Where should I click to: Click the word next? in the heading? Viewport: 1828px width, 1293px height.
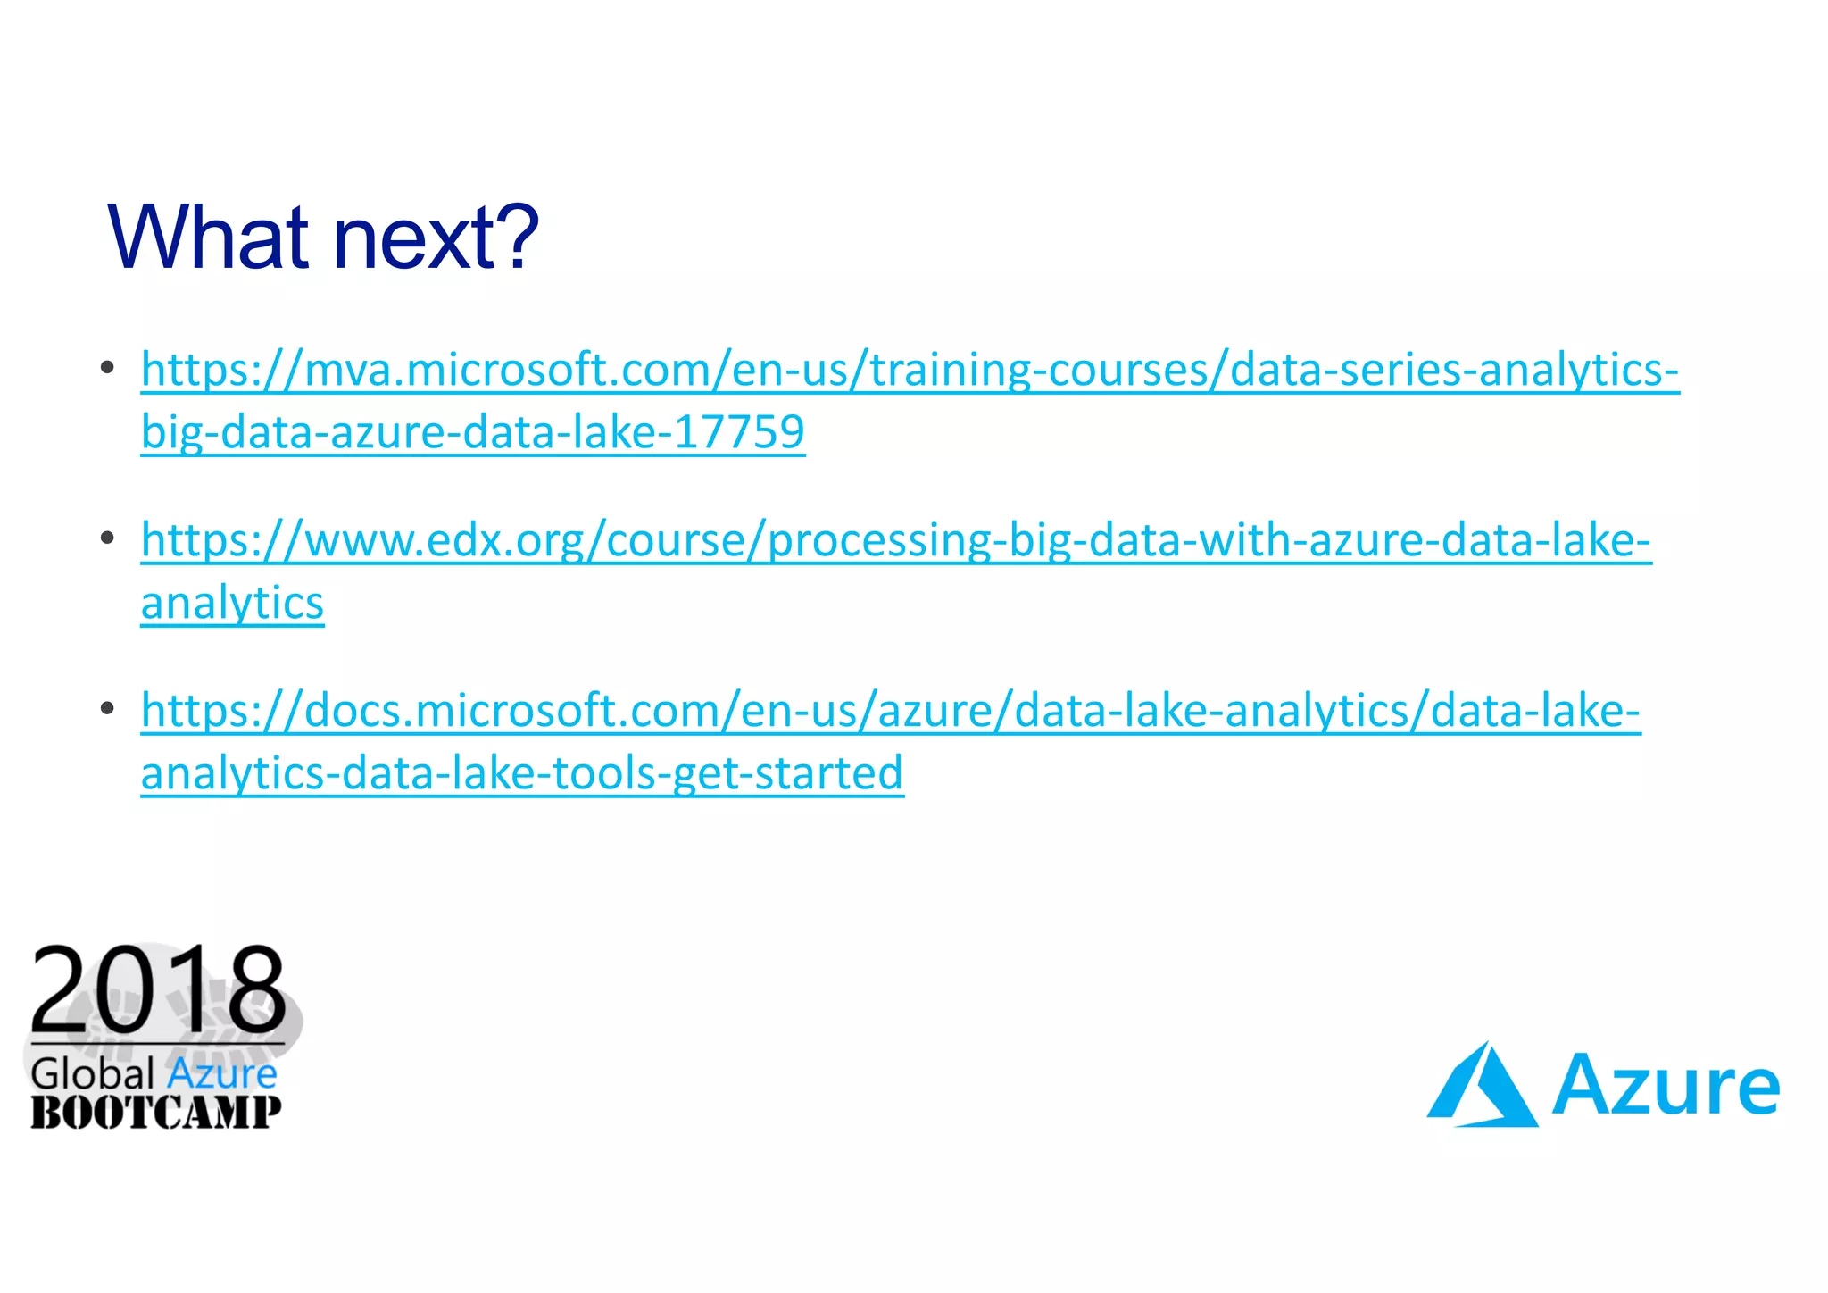click(x=436, y=238)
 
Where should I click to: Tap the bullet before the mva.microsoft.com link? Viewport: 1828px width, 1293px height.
click(x=107, y=367)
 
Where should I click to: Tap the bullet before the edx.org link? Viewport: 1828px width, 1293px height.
click(x=107, y=538)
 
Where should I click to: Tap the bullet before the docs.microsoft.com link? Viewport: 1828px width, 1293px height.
click(x=107, y=708)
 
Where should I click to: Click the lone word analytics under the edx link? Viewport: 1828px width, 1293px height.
click(x=232, y=603)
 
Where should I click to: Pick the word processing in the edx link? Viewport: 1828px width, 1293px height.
click(x=879, y=540)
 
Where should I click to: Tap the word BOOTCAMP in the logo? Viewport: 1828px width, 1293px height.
click(x=156, y=1113)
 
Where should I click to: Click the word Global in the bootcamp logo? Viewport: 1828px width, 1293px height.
click(x=93, y=1073)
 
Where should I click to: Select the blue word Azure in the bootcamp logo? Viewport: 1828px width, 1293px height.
click(x=221, y=1073)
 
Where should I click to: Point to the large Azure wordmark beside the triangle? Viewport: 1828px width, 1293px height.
click(x=1666, y=1086)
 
